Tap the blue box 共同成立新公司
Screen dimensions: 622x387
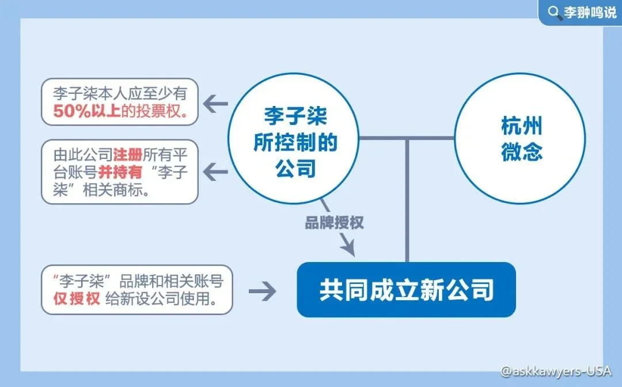point(406,290)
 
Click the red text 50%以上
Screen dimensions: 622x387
point(87,111)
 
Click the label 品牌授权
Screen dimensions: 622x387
point(335,223)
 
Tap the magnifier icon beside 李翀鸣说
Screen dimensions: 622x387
point(553,12)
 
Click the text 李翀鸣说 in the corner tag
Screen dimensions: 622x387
point(590,13)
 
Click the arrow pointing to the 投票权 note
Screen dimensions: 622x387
point(215,104)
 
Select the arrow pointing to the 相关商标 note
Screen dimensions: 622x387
point(215,171)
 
